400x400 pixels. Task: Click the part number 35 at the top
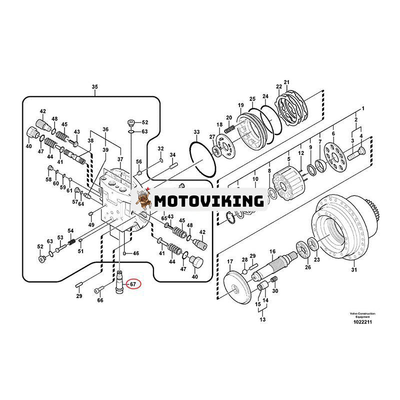(95, 87)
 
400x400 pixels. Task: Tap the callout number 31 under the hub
(354, 270)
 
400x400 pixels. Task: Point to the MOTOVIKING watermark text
(209, 201)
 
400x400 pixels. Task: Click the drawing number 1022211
(362, 323)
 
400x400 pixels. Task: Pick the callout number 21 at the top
(286, 82)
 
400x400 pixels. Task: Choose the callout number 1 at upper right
(363, 108)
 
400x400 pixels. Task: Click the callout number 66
(100, 300)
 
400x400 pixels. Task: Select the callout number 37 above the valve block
(120, 159)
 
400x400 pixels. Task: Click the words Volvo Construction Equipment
(362, 315)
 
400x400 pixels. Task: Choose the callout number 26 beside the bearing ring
(307, 267)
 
